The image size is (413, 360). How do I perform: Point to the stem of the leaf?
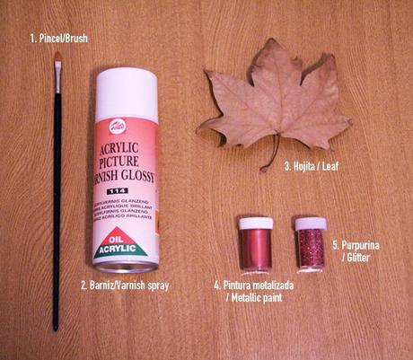click(x=267, y=162)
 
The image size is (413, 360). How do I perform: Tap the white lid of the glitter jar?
click(x=311, y=224)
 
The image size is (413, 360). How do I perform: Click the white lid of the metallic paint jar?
click(x=254, y=224)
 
